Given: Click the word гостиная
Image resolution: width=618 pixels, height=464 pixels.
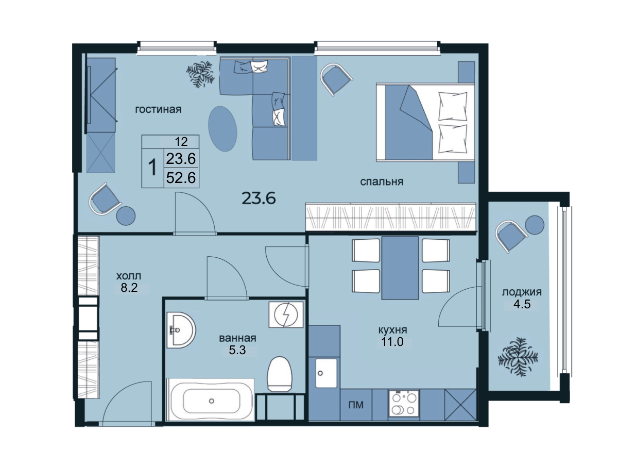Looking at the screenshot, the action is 158,109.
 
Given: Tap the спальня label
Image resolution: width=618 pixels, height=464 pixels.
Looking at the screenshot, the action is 382,181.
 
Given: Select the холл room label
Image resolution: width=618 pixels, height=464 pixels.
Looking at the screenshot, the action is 129,276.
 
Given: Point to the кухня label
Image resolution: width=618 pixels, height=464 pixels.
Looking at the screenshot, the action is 393,330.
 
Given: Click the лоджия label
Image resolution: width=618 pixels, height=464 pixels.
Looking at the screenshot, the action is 522,292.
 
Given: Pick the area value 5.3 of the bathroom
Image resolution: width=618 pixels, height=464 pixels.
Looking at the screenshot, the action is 237,350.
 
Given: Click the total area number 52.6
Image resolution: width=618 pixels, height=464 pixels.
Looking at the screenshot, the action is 181,178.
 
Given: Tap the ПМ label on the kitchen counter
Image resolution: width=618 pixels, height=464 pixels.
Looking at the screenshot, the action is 356,405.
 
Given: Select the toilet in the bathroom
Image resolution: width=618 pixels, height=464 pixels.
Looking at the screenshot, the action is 279,374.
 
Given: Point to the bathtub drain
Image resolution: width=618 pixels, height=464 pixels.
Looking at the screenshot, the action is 212,401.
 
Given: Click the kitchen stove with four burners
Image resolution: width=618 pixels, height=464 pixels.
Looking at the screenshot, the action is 404,403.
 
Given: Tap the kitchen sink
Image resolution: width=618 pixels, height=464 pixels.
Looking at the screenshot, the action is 326,373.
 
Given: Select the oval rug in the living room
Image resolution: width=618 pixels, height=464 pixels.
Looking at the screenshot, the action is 222,129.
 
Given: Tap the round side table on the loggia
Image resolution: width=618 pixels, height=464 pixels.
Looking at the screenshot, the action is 535,225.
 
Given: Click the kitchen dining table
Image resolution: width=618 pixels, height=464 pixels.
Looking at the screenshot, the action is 400,268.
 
